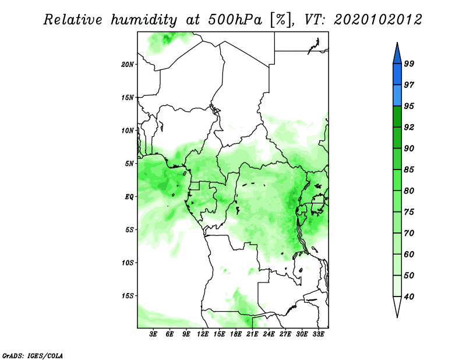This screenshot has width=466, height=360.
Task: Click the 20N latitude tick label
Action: click(127, 65)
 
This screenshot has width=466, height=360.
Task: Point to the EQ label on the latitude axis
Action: click(129, 197)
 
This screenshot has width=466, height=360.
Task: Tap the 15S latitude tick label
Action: click(127, 296)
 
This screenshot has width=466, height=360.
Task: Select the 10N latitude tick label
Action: click(127, 130)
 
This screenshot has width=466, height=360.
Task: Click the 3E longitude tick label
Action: click(153, 334)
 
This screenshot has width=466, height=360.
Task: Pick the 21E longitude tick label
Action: click(252, 334)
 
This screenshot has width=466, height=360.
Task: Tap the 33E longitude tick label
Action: click(318, 334)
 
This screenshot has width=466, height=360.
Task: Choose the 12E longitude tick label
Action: click(203, 334)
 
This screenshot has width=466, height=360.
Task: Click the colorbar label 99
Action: click(409, 63)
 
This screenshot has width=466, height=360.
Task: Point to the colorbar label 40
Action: click(409, 297)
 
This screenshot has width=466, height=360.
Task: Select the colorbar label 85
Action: click(409, 170)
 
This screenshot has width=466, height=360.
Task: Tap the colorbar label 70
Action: click(409, 233)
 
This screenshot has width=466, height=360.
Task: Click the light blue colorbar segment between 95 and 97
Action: click(397, 96)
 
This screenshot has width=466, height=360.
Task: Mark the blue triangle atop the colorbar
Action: click(397, 55)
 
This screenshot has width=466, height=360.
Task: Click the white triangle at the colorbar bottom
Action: click(397, 306)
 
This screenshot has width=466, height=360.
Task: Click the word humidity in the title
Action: click(144, 20)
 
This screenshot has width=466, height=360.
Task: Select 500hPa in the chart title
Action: click(235, 20)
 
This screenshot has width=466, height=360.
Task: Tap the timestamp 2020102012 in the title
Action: click(377, 20)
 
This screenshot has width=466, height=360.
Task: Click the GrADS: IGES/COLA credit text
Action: click(33, 355)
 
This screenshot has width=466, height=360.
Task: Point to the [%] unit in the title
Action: click(281, 20)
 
